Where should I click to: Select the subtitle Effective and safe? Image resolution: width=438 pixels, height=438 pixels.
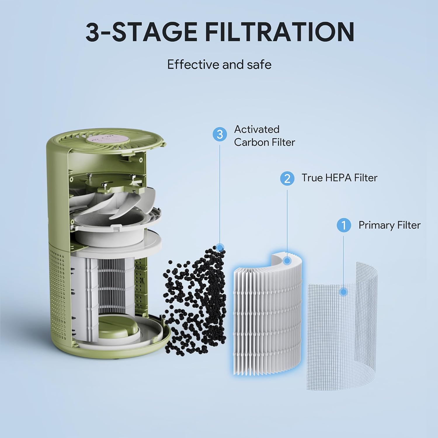click(x=219, y=65)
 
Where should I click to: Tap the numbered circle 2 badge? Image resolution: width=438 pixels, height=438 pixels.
click(x=287, y=178)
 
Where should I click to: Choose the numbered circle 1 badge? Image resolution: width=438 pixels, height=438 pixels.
click(x=344, y=225)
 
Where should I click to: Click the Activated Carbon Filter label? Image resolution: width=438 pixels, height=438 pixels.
click(x=264, y=136)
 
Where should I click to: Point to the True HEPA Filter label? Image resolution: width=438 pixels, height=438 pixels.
click(x=339, y=178)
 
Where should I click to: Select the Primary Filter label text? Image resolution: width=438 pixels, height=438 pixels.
click(x=389, y=225)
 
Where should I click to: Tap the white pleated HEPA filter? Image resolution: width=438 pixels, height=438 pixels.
click(x=267, y=315)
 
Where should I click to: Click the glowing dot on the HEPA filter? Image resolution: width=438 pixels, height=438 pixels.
click(x=287, y=260)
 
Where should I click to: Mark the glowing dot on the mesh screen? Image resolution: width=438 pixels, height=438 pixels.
click(x=344, y=292)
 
